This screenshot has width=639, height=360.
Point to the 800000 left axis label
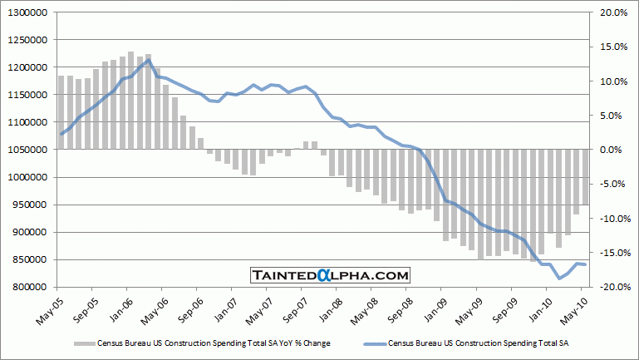coord(27,287)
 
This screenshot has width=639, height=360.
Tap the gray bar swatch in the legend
coord(84,342)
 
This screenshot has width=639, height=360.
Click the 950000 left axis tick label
coord(27,205)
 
